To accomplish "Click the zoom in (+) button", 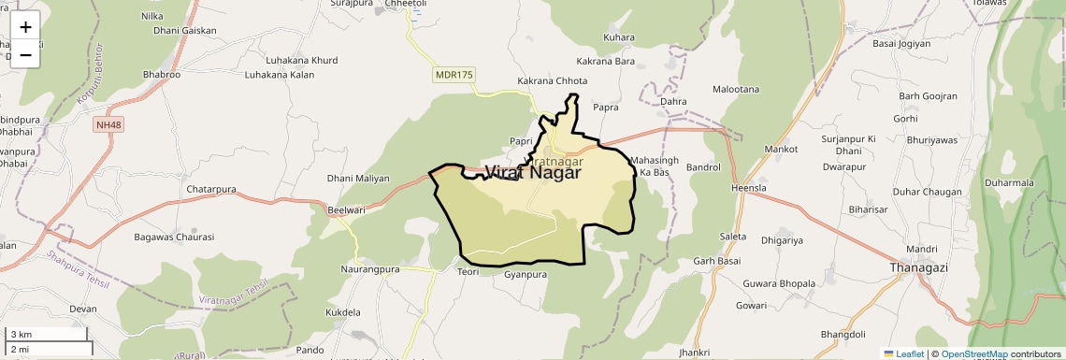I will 25,27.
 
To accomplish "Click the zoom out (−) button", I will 25,54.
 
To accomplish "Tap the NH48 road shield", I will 108,124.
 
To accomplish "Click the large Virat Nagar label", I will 532,173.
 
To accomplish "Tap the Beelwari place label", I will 347,210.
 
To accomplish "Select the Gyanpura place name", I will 525,275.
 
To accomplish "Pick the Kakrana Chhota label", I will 553,81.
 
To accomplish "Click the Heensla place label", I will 748,188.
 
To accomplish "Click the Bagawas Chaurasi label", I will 174,237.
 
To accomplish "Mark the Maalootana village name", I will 736,90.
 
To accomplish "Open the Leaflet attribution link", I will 904,354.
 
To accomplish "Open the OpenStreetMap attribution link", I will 973,354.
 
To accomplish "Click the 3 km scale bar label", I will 22,335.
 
